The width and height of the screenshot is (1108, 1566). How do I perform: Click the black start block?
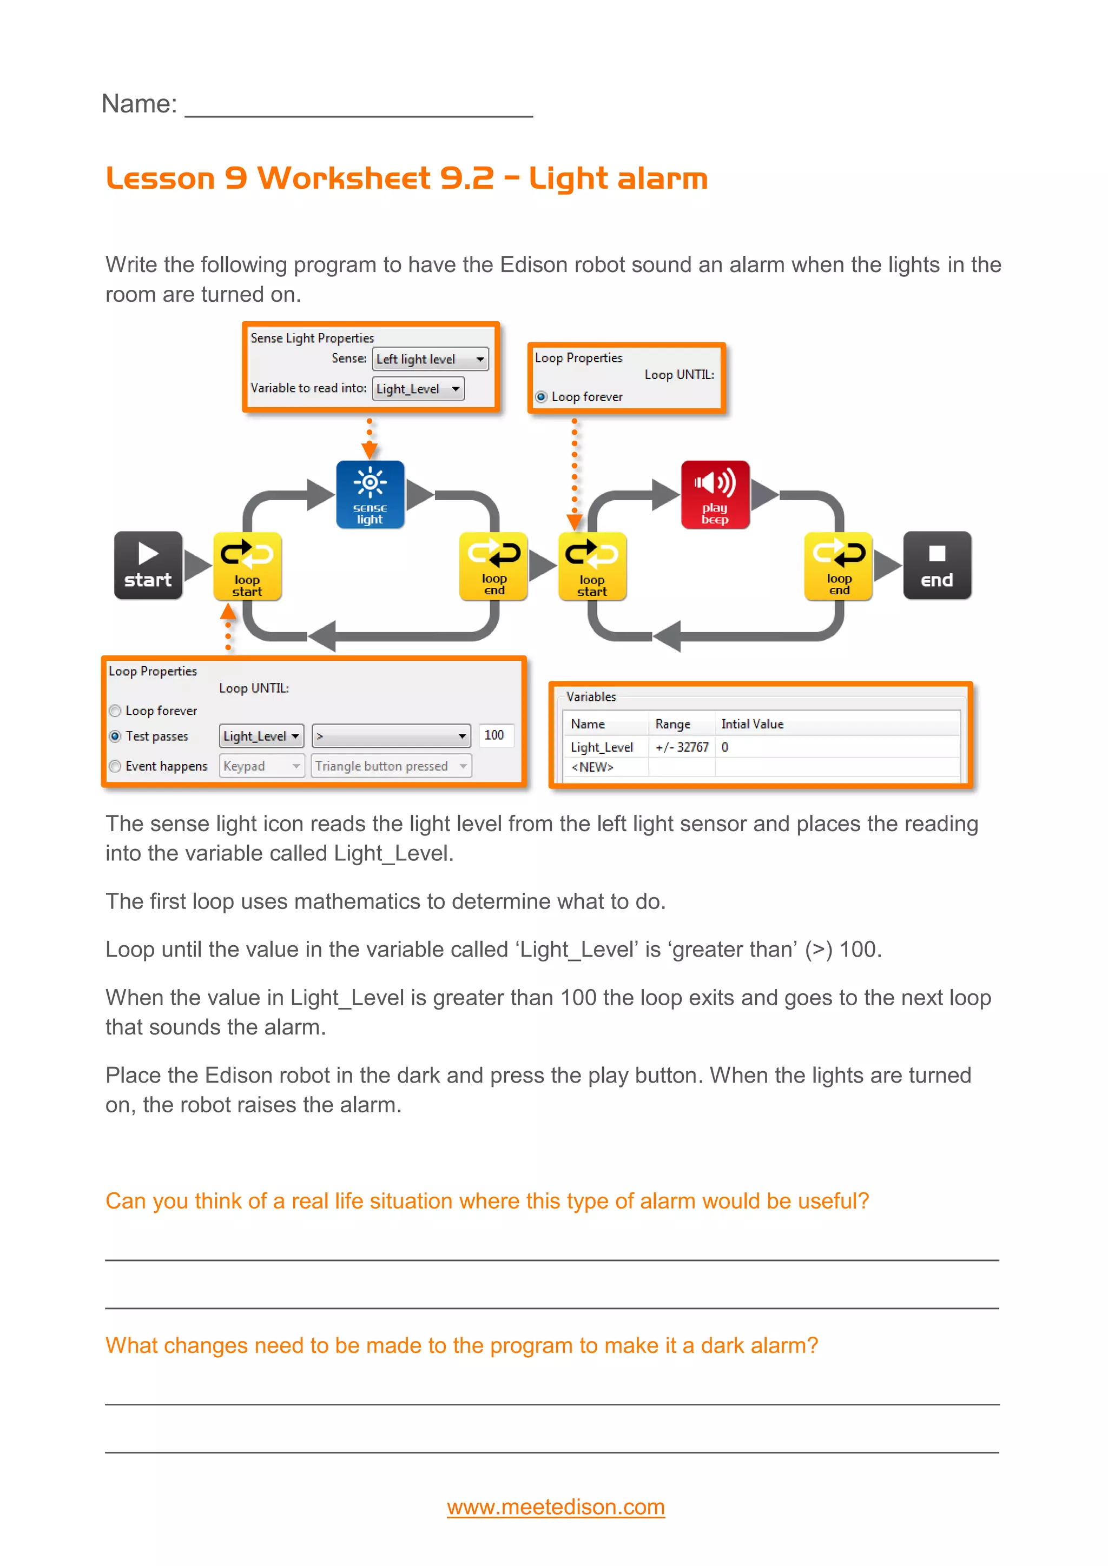tap(148, 566)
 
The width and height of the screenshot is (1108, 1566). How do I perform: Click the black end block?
tap(936, 566)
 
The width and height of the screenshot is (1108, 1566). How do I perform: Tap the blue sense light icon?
tap(370, 494)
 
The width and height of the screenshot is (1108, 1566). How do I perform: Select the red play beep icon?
tap(715, 494)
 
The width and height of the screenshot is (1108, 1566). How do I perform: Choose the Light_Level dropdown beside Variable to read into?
tap(418, 389)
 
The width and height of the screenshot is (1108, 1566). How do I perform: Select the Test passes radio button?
tap(115, 736)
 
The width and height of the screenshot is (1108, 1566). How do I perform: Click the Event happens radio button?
tap(115, 766)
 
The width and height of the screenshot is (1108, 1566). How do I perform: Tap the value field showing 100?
tap(494, 735)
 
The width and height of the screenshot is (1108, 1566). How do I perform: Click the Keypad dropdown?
tap(261, 766)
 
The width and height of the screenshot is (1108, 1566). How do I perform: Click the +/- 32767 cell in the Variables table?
tap(681, 747)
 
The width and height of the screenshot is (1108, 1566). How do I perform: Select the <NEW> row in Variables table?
tap(592, 767)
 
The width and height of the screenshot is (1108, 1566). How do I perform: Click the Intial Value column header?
tap(752, 725)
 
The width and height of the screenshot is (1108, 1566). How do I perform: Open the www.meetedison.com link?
tap(556, 1507)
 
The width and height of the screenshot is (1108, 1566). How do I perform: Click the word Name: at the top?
tap(139, 104)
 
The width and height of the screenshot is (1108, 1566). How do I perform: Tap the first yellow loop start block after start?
tap(247, 566)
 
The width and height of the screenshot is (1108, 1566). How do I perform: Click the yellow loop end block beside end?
tap(839, 566)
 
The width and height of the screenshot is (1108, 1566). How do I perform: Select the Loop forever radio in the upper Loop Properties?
tap(542, 397)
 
